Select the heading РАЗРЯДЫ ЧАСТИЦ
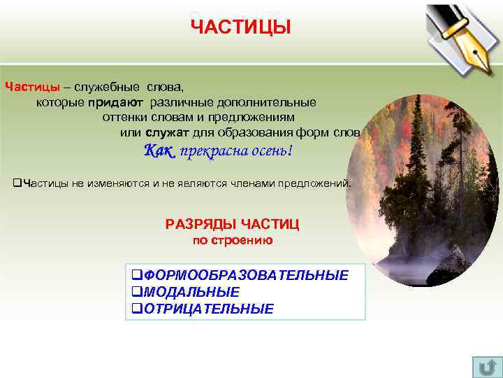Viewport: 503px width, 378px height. tap(232, 224)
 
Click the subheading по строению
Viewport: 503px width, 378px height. tap(232, 240)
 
